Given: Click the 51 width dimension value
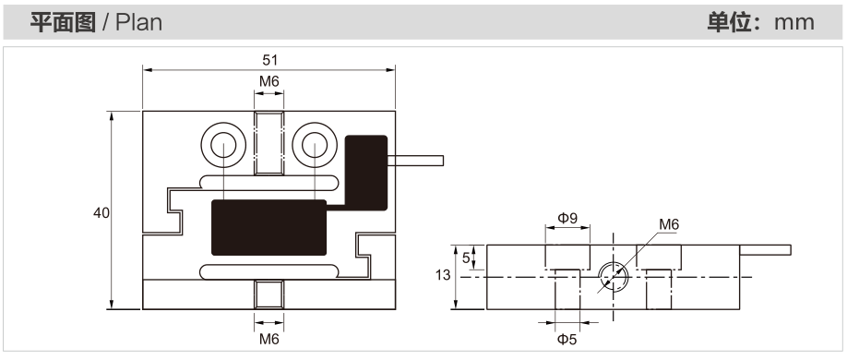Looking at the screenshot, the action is point(269,59).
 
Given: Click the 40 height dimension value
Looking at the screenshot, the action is point(101,213).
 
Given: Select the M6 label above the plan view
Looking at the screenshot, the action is point(269,81).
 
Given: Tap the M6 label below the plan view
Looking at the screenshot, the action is point(269,339).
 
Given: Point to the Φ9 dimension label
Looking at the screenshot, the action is point(567,218).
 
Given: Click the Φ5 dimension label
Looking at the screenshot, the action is point(567,340).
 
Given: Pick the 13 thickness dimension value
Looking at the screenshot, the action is point(442,275).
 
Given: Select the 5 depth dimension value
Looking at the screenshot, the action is point(466,258).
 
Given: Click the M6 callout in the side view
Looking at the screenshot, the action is point(669,225).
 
